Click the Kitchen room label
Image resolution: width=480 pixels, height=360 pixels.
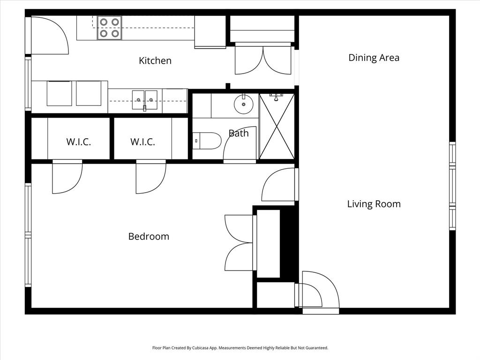click(155, 60)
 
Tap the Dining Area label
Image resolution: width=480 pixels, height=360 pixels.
click(374, 58)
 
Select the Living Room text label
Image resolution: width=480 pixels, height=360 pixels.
click(374, 204)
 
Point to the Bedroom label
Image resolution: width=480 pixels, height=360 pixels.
click(149, 236)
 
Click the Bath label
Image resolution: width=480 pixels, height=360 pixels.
click(239, 133)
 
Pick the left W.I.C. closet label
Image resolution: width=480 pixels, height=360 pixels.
click(78, 142)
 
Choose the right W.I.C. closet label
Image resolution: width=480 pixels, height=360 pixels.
click(142, 142)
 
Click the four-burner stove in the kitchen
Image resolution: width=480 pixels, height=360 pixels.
click(109, 27)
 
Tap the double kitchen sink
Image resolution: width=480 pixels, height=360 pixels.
click(144, 99)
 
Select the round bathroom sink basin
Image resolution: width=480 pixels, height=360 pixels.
click(243, 104)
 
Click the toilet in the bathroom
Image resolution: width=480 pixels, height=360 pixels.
click(208, 141)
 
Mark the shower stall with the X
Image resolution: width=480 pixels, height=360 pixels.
click(277, 126)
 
